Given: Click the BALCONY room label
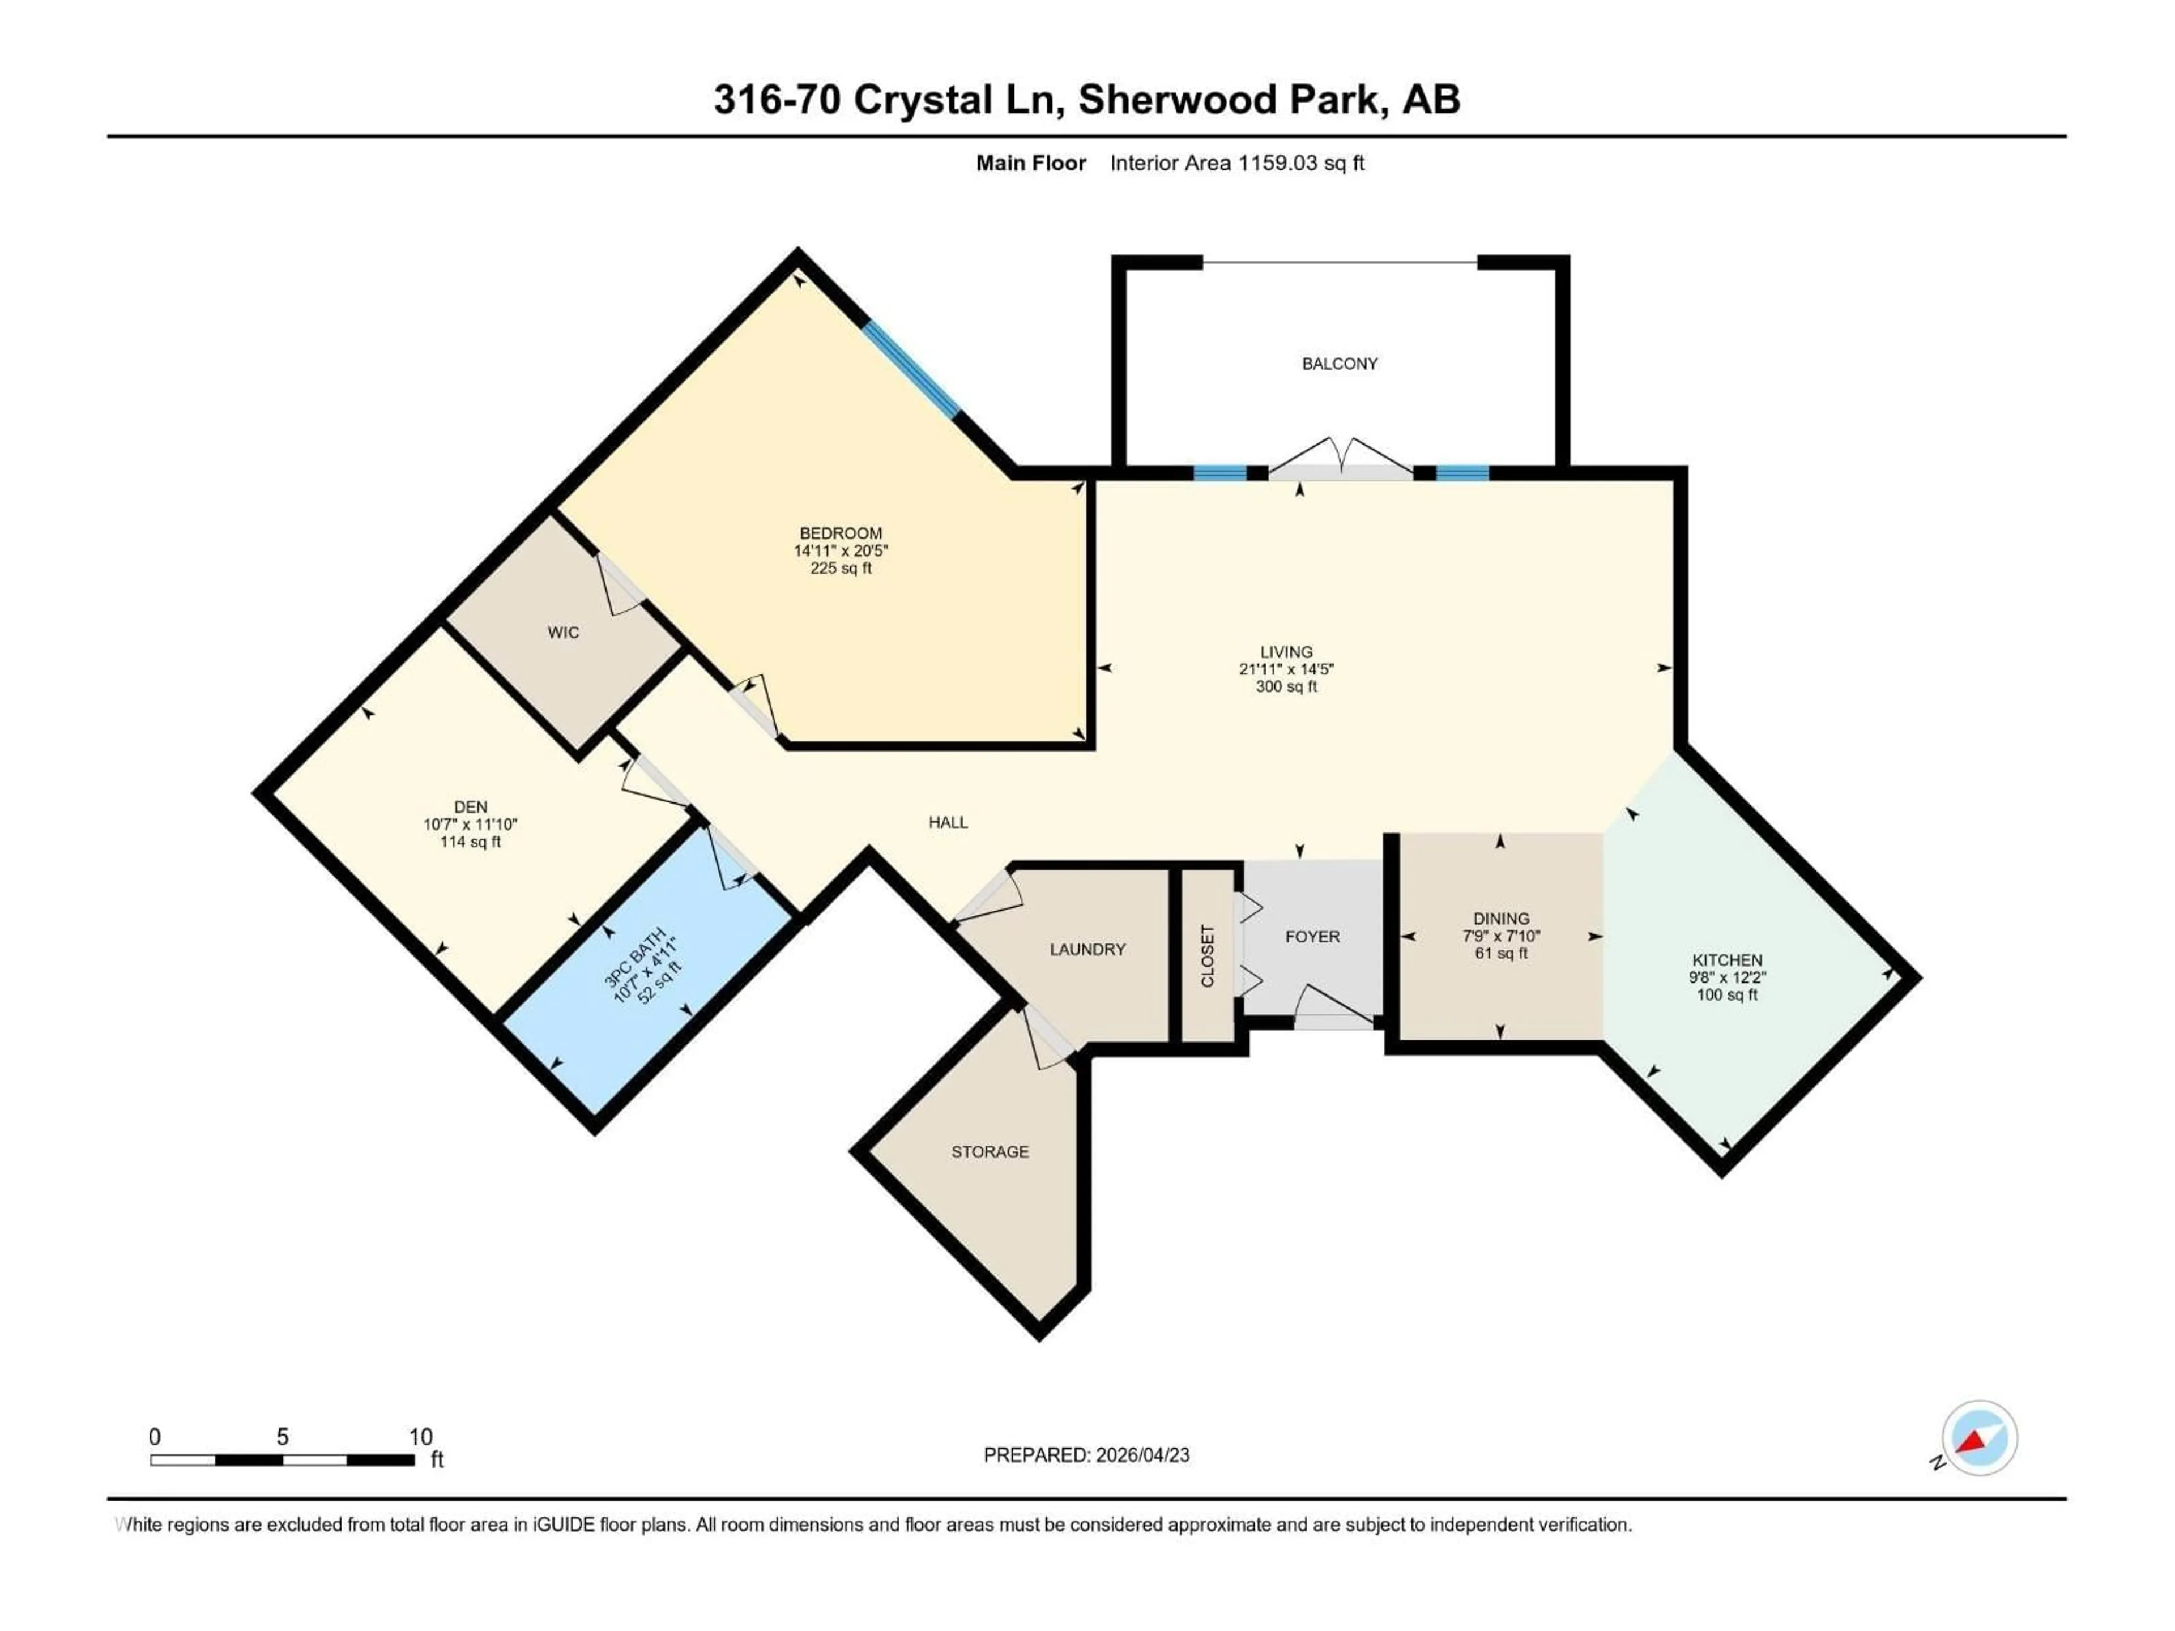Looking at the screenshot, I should [1339, 364].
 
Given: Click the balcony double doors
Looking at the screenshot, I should [1340, 458].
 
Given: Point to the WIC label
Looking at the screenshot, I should [564, 632].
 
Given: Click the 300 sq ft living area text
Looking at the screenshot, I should [1286, 686].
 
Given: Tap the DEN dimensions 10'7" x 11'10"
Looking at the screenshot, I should [470, 824].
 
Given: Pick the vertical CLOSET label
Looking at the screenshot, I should [1208, 955].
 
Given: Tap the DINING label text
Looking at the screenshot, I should [1500, 918].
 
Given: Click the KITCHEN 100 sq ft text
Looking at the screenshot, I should [1726, 995].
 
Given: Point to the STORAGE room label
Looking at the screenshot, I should [989, 1151].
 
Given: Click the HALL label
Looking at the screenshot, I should [948, 822].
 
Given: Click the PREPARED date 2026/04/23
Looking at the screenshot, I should [1141, 1455].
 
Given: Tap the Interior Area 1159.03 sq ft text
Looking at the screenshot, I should [1237, 163].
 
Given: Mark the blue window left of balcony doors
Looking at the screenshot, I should [1219, 473].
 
